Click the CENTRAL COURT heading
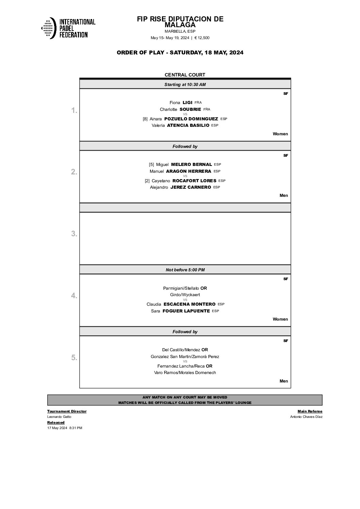point(185,75)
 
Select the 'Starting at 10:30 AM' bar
point(185,84)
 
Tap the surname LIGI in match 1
point(187,102)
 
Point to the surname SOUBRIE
point(190,109)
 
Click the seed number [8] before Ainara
point(145,119)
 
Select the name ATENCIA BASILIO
point(188,125)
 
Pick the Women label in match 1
point(280,134)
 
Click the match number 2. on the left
point(74,172)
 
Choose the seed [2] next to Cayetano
point(147,181)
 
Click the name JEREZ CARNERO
point(191,187)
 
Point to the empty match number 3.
point(74,234)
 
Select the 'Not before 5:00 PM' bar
point(185,270)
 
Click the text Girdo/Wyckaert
point(185,295)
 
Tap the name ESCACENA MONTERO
point(190,304)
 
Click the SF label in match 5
point(285,341)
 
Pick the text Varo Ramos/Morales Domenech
point(185,373)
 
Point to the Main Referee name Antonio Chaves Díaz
point(306,417)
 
